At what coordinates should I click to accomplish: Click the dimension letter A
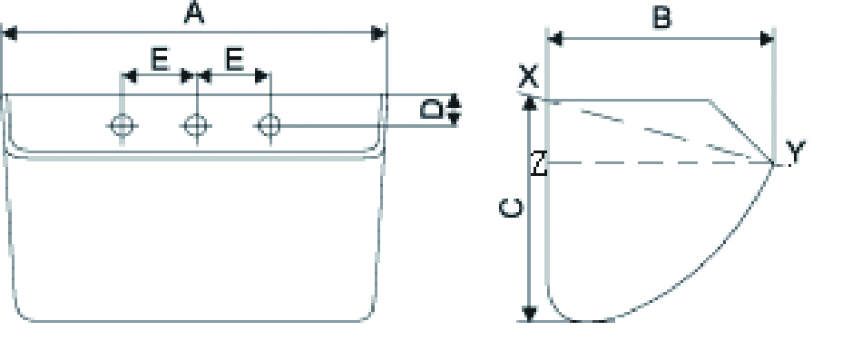194,13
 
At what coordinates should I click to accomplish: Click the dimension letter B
662,18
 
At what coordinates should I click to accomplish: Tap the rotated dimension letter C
511,209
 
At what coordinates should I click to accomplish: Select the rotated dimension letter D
432,110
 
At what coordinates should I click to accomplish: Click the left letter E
160,60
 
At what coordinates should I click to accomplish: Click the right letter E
235,60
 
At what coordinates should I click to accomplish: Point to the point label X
528,77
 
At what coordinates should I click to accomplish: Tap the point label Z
539,163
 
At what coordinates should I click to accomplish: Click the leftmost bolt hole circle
122,125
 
